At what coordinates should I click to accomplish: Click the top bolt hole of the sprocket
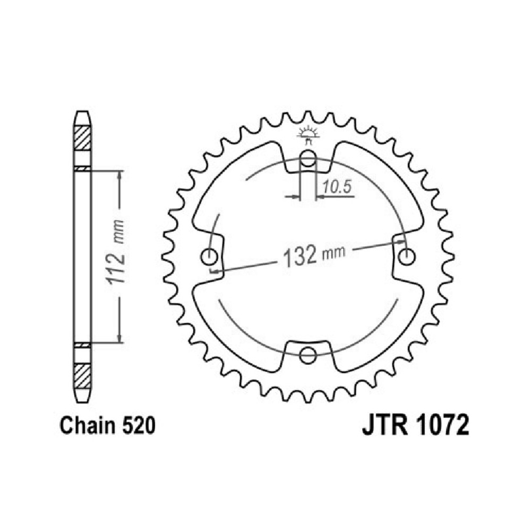[x=307, y=158]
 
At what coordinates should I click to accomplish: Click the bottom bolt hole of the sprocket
[x=308, y=355]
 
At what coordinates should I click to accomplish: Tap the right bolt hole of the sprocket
[x=406, y=257]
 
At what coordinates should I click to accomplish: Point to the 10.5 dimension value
[x=337, y=186]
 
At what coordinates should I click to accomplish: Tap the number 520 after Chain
[x=139, y=425]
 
